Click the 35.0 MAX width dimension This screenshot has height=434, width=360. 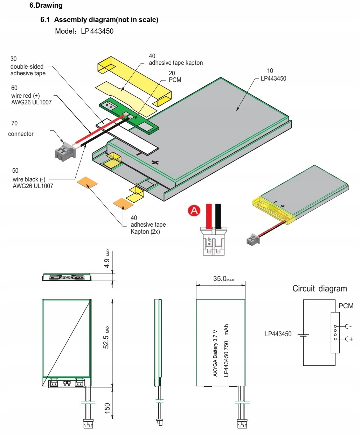(x=223, y=279)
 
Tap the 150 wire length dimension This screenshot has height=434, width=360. (x=107, y=408)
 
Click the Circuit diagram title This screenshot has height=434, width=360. (x=319, y=289)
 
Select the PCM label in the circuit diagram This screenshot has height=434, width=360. (x=346, y=306)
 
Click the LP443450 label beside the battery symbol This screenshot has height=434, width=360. (x=278, y=334)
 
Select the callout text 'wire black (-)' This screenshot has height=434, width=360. (x=29, y=179)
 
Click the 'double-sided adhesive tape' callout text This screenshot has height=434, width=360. (x=28, y=70)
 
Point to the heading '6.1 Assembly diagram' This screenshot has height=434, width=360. (x=99, y=20)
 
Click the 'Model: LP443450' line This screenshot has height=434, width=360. (x=84, y=31)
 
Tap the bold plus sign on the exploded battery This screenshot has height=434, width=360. (x=155, y=162)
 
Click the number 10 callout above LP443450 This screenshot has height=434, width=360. (x=270, y=71)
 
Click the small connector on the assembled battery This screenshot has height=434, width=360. (x=253, y=240)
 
